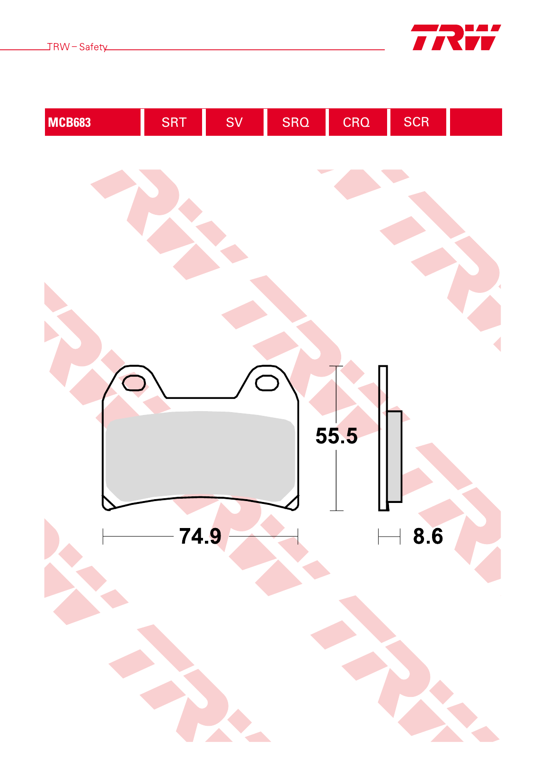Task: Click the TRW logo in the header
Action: tap(456, 37)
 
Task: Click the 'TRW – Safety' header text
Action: tap(77, 47)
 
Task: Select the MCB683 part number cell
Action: tap(92, 122)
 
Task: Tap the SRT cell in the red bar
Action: tap(173, 122)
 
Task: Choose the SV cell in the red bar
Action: tap(235, 122)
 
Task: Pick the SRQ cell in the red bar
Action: tap(296, 122)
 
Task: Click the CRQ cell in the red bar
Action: tap(358, 122)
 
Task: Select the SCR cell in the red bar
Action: tap(418, 122)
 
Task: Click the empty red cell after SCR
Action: tap(476, 122)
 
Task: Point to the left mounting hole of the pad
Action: tap(134, 383)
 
